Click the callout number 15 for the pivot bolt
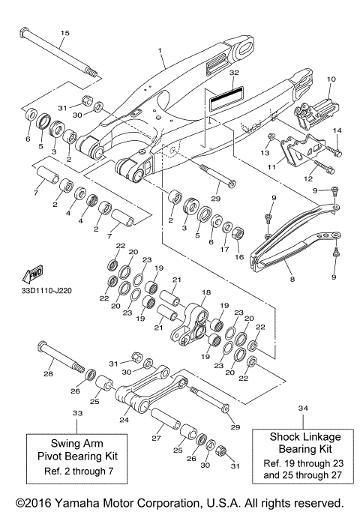click(64, 33)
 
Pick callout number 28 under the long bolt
click(49, 373)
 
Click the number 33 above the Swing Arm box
click(77, 413)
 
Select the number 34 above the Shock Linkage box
click(303, 409)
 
